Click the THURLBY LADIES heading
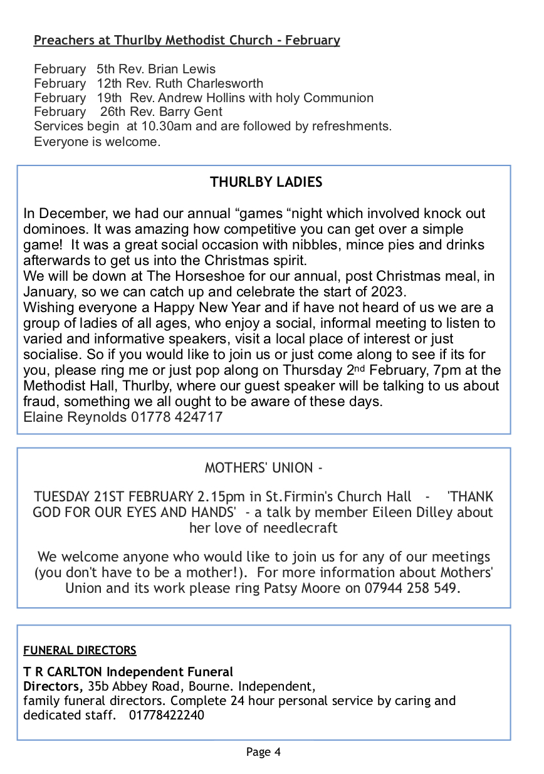tap(266, 182)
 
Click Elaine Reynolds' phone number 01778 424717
tap(177, 417)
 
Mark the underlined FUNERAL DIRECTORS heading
tap(80, 651)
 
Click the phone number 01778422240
tap(167, 715)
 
